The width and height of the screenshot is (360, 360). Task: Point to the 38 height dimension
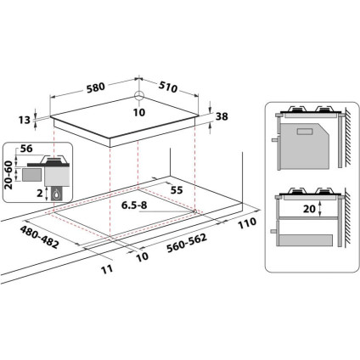point(223,117)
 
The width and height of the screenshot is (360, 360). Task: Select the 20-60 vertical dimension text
point(8,176)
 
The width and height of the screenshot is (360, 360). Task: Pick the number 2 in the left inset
point(39,193)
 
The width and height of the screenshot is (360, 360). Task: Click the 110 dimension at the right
point(247,223)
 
